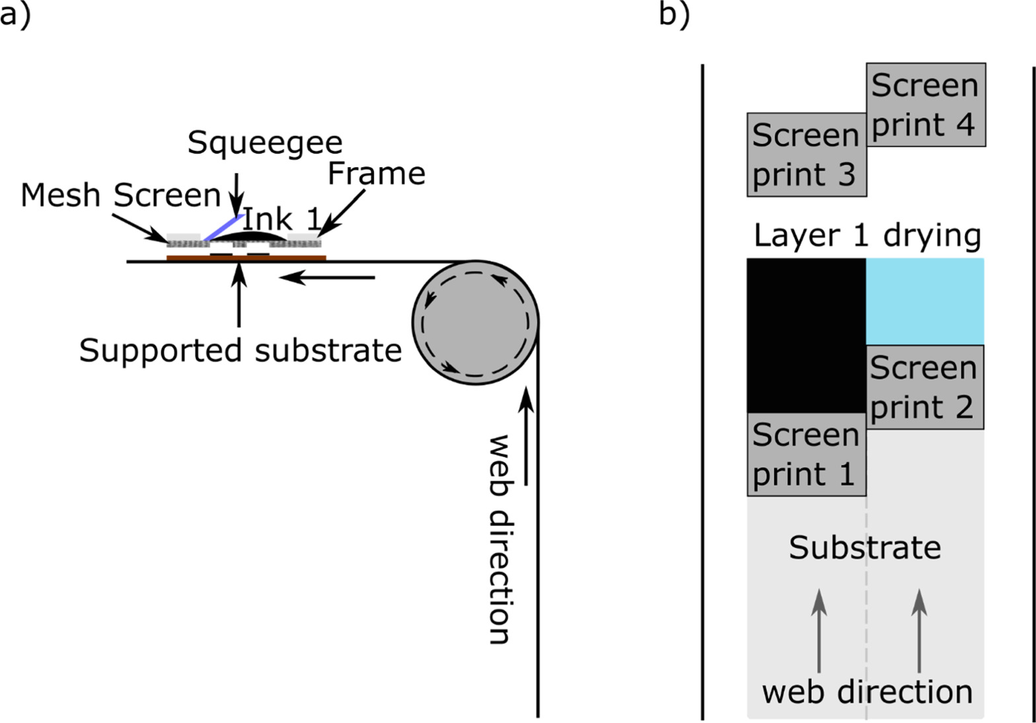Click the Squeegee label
point(265,143)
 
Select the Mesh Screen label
point(120,196)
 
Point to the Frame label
point(376,174)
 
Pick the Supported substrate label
point(240,350)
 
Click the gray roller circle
point(475,322)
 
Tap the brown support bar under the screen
point(246,258)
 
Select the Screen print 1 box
point(805,455)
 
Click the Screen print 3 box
point(805,155)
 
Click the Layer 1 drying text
point(867,236)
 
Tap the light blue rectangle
point(924,301)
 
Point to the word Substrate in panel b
point(865,547)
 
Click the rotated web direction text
point(499,539)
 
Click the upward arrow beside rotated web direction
point(526,436)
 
